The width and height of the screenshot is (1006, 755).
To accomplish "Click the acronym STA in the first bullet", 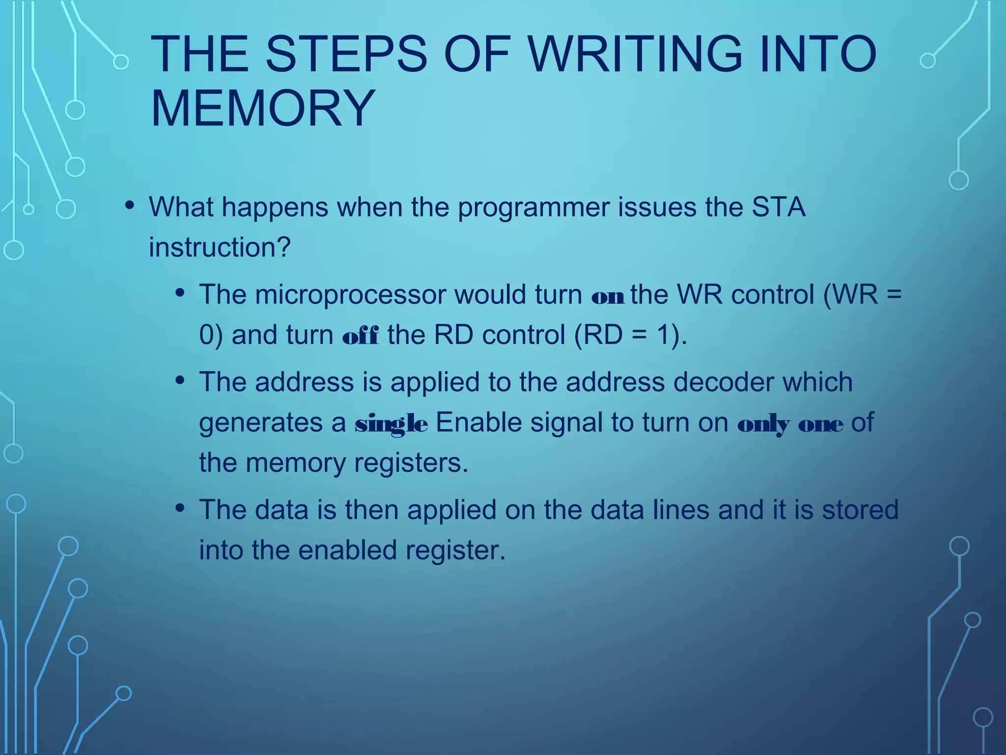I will [x=779, y=207].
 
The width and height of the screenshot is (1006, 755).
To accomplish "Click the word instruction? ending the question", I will [x=220, y=247].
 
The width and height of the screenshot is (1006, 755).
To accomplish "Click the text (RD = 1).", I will [x=631, y=335].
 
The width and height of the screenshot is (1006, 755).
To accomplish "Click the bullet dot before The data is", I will [x=180, y=508].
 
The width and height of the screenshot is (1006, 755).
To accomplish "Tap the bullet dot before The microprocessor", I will [x=180, y=293].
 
